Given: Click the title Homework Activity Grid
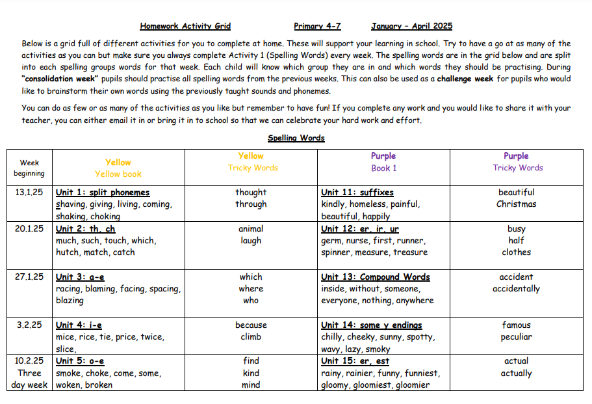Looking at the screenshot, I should point(185,26).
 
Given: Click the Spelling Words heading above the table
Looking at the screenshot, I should point(296,138).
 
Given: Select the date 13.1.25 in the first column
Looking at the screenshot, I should point(29,192).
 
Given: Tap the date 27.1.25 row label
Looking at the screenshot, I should point(29,276).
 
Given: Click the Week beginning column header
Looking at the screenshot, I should point(29,168).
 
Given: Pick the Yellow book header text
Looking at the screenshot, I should point(118,174).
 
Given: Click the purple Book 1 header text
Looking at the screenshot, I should point(383,168).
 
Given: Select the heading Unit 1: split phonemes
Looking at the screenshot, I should point(103,192).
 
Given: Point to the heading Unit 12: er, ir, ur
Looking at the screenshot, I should point(360,228).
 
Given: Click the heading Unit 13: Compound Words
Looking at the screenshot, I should point(376,276).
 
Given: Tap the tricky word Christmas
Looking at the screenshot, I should point(516,204).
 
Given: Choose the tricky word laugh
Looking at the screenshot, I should point(251,240).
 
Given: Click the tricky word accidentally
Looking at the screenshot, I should point(516,288).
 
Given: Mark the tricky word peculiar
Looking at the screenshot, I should point(516,336).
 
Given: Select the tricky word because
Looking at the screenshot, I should point(251,325).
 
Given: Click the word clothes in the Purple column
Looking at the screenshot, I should point(516,252).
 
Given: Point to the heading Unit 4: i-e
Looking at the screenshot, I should point(79,325).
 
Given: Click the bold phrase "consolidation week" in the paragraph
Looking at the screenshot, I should point(60,79).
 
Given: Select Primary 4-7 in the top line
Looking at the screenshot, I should point(317,26).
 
